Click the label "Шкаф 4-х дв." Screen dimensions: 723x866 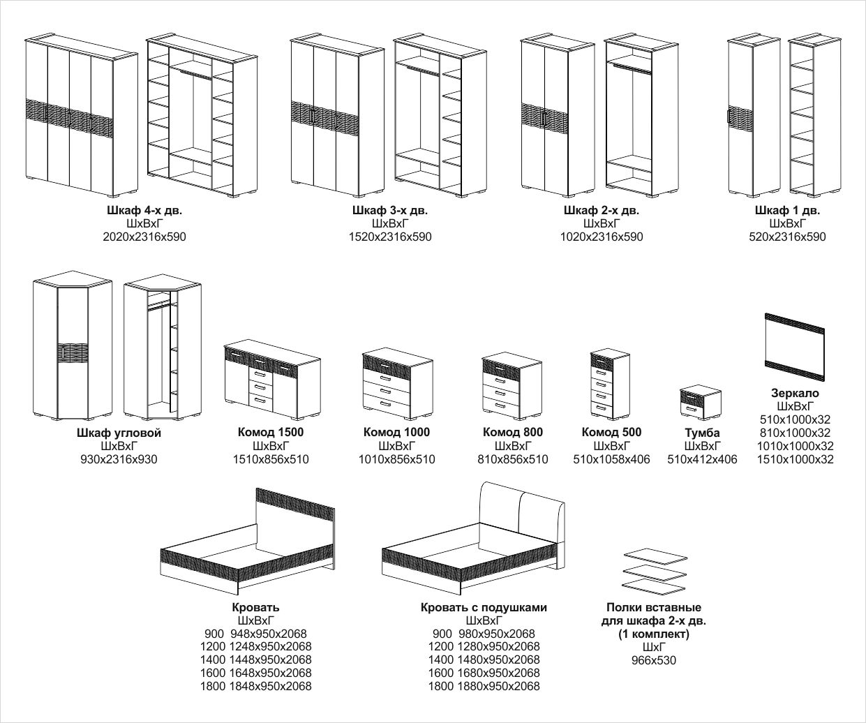[x=144, y=210]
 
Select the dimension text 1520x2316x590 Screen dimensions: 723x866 [x=390, y=237]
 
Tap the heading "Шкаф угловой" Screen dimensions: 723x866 [x=119, y=433]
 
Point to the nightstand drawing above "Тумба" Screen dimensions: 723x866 [x=701, y=403]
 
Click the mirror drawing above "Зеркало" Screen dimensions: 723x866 [x=795, y=347]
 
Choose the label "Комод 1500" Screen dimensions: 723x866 [x=271, y=432]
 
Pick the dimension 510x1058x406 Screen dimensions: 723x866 [x=611, y=459]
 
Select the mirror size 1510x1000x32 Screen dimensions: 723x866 [x=796, y=459]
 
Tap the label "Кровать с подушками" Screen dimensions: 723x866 [x=484, y=608]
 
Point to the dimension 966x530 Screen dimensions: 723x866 [x=654, y=660]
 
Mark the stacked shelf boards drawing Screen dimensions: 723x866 [x=654, y=569]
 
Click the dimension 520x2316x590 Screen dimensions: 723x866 [x=787, y=237]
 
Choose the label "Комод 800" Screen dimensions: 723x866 [x=513, y=432]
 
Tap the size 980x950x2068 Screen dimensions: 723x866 [x=497, y=634]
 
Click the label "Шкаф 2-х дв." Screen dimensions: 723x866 [x=602, y=210]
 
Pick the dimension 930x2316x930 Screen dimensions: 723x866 [x=119, y=459]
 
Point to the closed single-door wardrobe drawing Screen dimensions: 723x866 [x=742, y=115]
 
